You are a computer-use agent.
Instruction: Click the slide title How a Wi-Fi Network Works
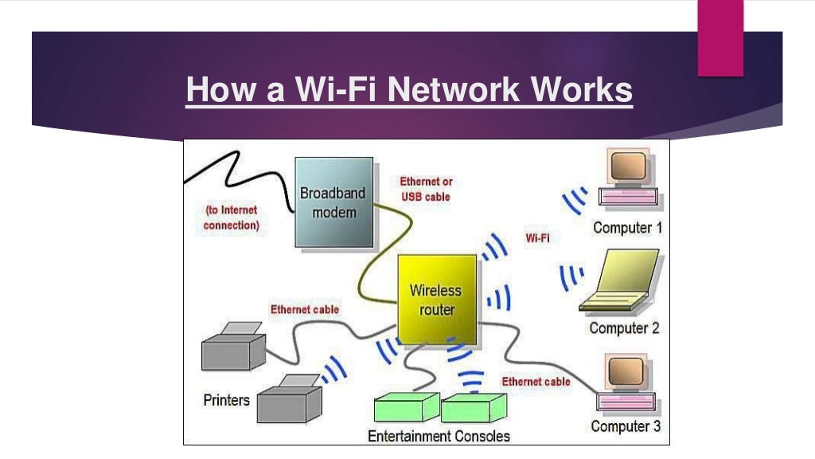pyautogui.click(x=409, y=90)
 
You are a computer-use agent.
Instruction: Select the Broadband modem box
pyautogui.click(x=333, y=202)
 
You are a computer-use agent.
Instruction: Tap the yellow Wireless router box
pyautogui.click(x=436, y=299)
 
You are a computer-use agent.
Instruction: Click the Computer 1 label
pyautogui.click(x=627, y=228)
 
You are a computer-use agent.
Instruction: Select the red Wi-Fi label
pyautogui.click(x=537, y=237)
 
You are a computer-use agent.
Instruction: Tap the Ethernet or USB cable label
pyautogui.click(x=426, y=189)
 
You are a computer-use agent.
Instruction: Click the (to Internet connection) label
pyautogui.click(x=232, y=218)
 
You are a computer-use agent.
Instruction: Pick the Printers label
pyautogui.click(x=226, y=399)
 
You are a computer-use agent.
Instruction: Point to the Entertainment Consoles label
pyautogui.click(x=439, y=436)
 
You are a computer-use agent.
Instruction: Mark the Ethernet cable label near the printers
pyautogui.click(x=304, y=309)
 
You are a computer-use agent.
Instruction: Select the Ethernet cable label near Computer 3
pyautogui.click(x=536, y=382)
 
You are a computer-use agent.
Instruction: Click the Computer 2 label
pyautogui.click(x=624, y=328)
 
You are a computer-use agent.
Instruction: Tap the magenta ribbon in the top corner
pyautogui.click(x=720, y=38)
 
